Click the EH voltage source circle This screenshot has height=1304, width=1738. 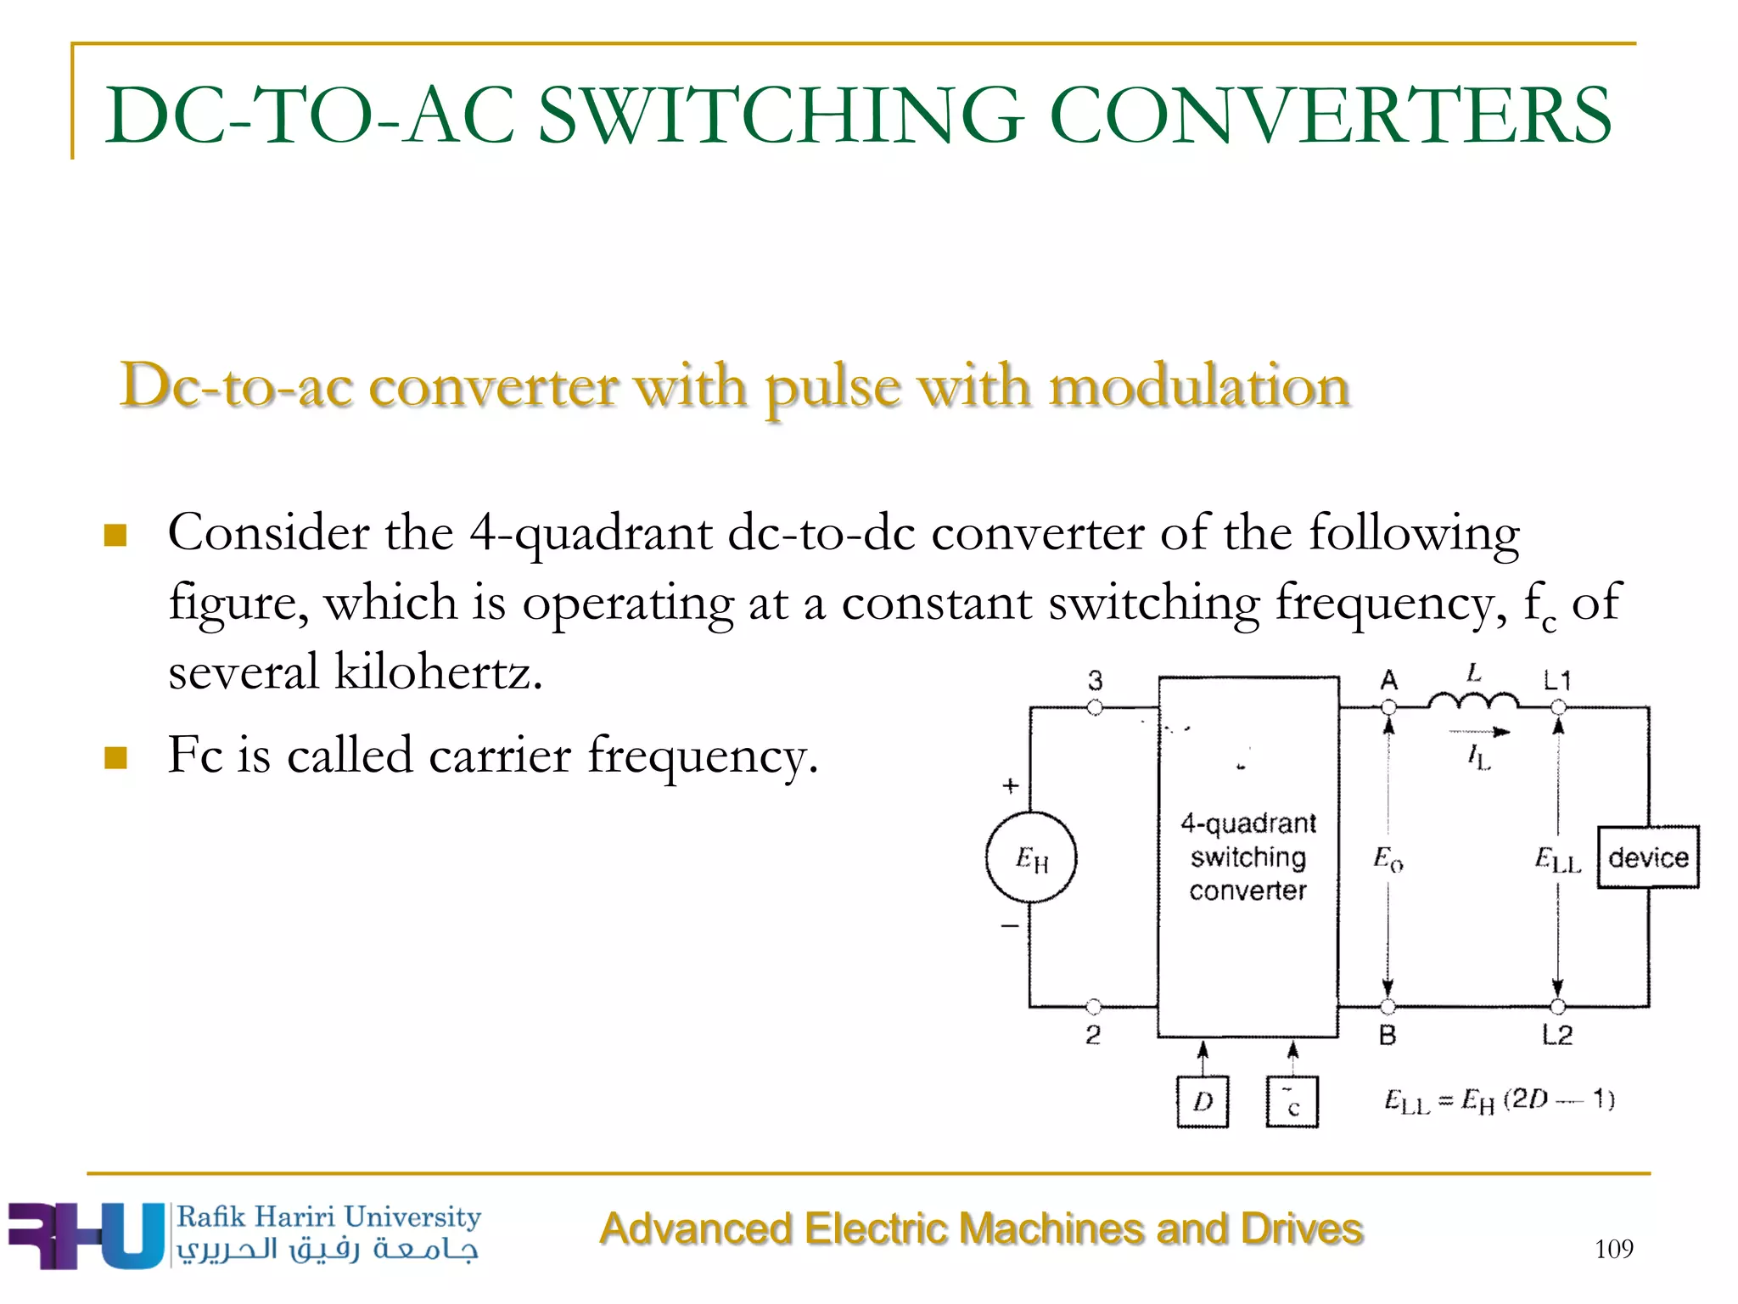point(1031,857)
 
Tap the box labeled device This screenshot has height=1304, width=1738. point(1648,857)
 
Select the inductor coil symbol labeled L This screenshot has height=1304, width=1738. point(1473,701)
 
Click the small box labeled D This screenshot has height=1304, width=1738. point(1203,1102)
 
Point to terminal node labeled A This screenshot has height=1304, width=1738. point(1388,707)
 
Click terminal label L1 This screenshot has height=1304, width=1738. point(1557,680)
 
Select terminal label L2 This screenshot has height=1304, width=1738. point(1557,1035)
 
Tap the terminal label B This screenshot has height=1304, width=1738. point(1388,1035)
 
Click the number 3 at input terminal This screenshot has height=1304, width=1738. point(1095,680)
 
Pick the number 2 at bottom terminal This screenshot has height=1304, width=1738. point(1093,1035)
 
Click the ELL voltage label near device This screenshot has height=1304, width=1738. point(1557,860)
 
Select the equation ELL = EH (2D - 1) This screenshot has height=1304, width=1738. point(1499,1101)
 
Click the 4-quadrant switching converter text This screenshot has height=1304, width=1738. point(1247,857)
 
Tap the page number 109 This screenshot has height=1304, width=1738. point(1613,1249)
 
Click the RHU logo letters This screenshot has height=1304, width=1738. point(85,1235)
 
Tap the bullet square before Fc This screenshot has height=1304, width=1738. point(115,756)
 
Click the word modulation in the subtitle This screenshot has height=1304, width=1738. point(1198,387)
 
